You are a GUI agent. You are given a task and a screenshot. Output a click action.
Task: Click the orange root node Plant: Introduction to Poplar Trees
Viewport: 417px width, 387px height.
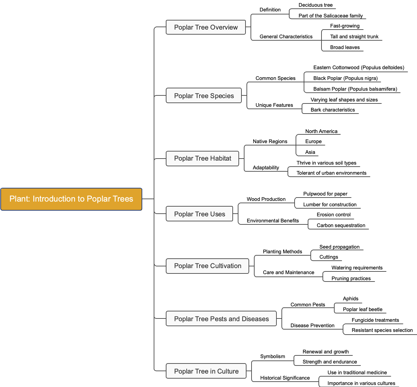(x=71, y=199)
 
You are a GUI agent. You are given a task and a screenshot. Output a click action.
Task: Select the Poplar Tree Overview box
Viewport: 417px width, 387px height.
(x=206, y=27)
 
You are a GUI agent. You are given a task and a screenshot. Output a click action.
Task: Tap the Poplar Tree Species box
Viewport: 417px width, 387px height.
(x=204, y=96)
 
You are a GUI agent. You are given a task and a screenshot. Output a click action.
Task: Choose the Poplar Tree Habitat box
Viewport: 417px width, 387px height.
(x=202, y=158)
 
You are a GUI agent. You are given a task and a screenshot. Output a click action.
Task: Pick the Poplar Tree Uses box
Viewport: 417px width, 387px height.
(x=199, y=214)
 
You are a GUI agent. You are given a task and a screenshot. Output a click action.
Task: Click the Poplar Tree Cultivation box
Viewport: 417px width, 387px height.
(x=207, y=266)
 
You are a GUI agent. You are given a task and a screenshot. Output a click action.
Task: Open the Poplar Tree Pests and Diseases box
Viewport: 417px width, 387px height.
(x=221, y=319)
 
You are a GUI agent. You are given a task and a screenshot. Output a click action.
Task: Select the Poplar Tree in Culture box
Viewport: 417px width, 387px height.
(x=206, y=371)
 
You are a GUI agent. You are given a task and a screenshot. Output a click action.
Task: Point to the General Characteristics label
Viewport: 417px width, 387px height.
(x=286, y=37)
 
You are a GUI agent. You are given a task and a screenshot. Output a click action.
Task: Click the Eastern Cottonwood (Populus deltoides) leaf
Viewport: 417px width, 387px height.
(x=358, y=68)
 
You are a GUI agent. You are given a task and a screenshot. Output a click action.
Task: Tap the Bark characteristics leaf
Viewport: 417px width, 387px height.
(x=333, y=110)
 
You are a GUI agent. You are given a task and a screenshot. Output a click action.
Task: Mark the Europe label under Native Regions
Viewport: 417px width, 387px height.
(x=313, y=141)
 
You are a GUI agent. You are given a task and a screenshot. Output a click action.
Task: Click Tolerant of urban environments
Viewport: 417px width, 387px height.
(x=331, y=173)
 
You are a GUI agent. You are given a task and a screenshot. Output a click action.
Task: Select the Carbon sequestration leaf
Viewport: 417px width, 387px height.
(x=341, y=225)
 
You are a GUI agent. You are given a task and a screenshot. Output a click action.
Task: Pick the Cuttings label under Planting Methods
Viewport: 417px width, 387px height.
(x=329, y=257)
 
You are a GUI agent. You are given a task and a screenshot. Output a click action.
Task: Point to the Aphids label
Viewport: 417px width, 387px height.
(x=350, y=299)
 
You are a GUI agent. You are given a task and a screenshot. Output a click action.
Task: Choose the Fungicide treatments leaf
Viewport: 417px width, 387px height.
(x=375, y=320)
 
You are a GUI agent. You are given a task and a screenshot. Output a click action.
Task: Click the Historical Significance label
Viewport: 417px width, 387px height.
(x=285, y=378)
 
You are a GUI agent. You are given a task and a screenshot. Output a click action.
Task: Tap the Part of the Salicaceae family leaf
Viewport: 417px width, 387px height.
(x=331, y=16)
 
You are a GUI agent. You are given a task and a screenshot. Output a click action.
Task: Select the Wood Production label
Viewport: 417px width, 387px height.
(x=266, y=199)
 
